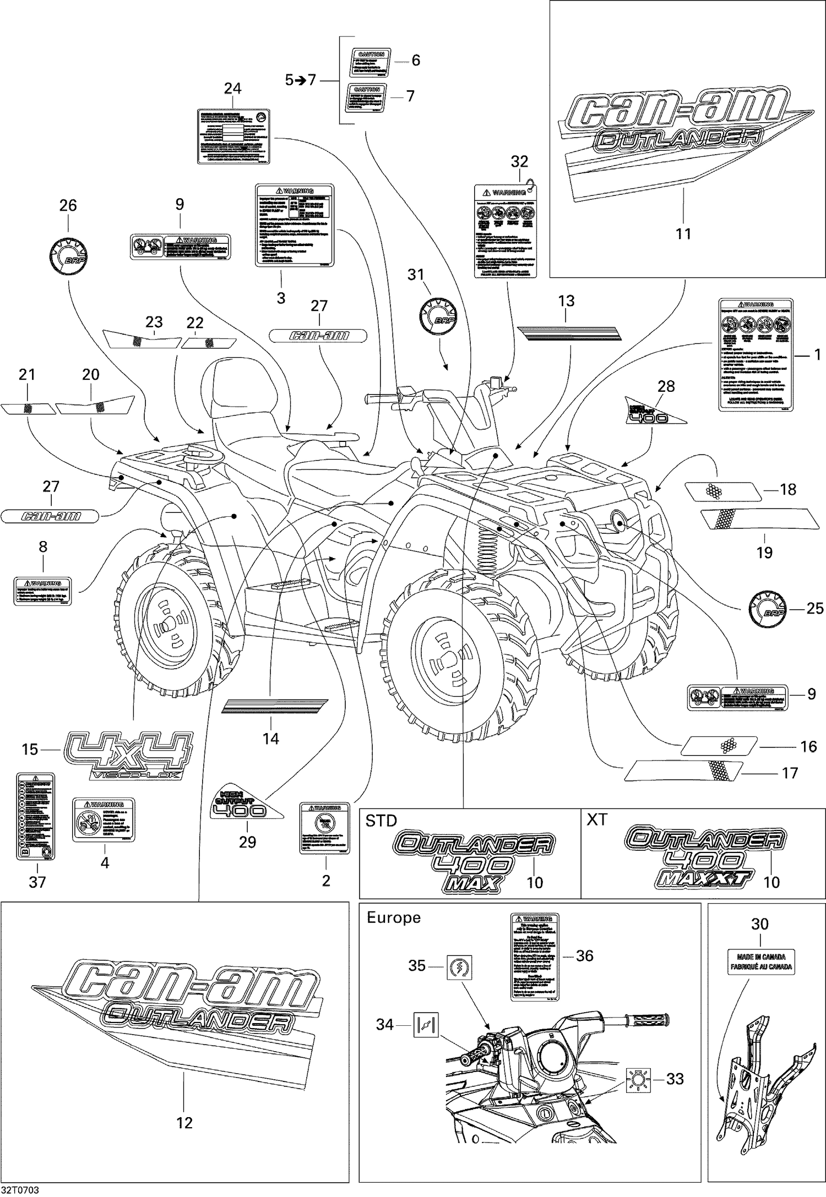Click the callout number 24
(x=232, y=88)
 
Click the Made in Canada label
(x=761, y=961)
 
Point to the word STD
(x=381, y=821)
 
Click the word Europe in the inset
(x=393, y=917)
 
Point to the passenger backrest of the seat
(x=242, y=396)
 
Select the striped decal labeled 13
(x=568, y=332)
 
